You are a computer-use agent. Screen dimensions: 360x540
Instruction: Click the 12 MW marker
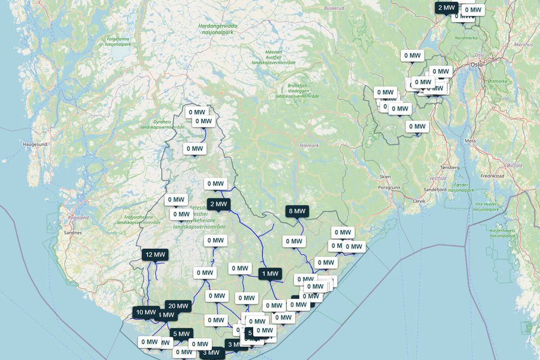(155, 255)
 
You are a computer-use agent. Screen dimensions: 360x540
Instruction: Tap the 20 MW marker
(178, 305)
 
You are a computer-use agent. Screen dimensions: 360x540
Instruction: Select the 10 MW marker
(146, 312)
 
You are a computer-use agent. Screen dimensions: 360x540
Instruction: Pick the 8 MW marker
(296, 211)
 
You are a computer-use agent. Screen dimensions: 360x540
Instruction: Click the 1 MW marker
(270, 274)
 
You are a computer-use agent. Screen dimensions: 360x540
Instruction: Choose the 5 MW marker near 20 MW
(181, 334)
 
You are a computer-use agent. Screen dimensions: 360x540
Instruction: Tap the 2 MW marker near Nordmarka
(446, 7)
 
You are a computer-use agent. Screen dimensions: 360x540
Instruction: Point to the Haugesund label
(35, 144)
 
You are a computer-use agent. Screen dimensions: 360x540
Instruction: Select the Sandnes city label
(73, 232)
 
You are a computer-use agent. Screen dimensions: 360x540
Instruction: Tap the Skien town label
(385, 176)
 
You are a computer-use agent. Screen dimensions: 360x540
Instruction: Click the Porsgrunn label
(389, 187)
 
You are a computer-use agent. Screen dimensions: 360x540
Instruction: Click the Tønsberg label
(449, 167)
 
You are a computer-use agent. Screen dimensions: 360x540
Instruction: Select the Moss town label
(470, 141)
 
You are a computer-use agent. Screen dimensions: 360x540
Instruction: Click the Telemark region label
(309, 145)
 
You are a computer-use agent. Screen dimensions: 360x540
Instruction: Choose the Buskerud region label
(334, 8)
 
